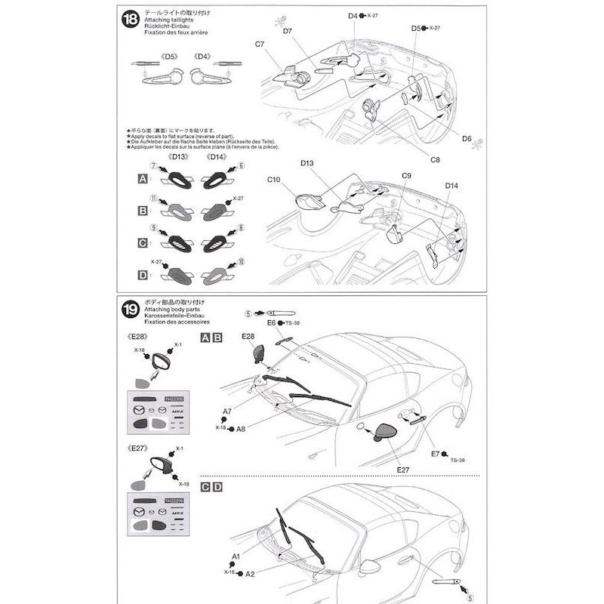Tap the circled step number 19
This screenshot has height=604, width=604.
point(129,309)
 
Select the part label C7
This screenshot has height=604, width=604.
point(260,45)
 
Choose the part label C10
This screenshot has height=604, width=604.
point(274,179)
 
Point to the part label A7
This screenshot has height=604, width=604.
point(226,411)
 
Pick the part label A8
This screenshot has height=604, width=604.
point(241,428)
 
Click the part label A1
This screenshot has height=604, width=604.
point(236,556)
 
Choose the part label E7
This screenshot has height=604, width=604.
point(435,453)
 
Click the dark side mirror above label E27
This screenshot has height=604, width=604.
point(388,433)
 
